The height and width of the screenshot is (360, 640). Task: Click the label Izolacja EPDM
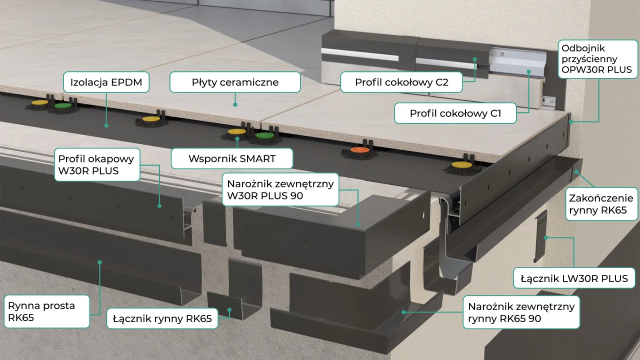pos(106,82)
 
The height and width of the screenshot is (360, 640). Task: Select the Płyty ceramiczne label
pos(235,82)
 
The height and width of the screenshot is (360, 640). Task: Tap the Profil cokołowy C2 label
pos(401,82)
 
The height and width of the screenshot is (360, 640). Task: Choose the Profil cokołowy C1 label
pos(455,113)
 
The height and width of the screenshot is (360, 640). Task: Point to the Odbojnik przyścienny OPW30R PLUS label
pos(598,59)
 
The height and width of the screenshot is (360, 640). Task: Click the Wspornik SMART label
pos(232,158)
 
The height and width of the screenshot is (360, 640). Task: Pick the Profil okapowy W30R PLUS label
pos(97,164)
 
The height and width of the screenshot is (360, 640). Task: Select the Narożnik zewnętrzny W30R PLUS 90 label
pos(280,189)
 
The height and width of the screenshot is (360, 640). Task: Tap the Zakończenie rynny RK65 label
pos(601,204)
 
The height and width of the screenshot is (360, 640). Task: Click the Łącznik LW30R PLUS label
pos(574,278)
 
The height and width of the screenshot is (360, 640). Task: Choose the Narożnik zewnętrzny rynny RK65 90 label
pos(521,312)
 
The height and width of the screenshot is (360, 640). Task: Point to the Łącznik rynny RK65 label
pos(162,318)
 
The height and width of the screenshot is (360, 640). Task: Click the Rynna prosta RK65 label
pos(47,311)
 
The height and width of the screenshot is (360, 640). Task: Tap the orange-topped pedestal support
pos(359,153)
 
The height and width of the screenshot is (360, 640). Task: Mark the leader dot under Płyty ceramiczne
pos(235,104)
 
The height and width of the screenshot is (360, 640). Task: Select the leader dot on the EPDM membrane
pos(106,125)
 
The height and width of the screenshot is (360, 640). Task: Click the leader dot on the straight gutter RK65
pos(99,262)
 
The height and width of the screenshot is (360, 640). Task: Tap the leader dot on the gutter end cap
pos(577,171)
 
